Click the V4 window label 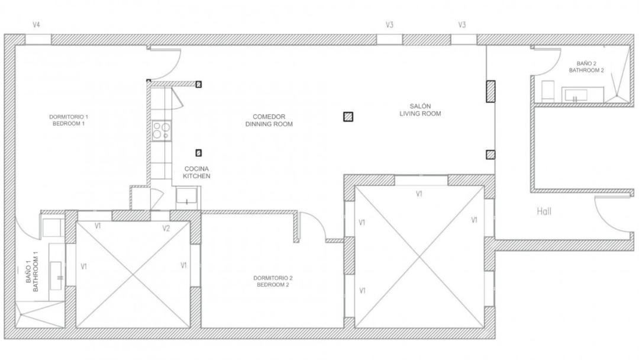pos(36,25)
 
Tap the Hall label pos(544,211)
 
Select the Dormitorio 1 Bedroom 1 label pos(69,120)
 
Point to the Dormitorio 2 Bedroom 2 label pos(273,281)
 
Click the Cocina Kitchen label pos(196,172)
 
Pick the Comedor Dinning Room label pos(269,120)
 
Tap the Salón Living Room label pos(420,110)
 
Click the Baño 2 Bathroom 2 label pos(586,67)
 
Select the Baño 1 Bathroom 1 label pos(32,271)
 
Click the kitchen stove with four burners pos(162,130)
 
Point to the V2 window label pos(166,229)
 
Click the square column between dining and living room pos(348,117)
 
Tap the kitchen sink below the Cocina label pos(186,197)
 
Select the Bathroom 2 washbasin pos(576,95)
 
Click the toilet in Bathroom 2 pos(548,91)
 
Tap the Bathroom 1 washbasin pos(56,275)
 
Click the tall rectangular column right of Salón pos(490,91)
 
